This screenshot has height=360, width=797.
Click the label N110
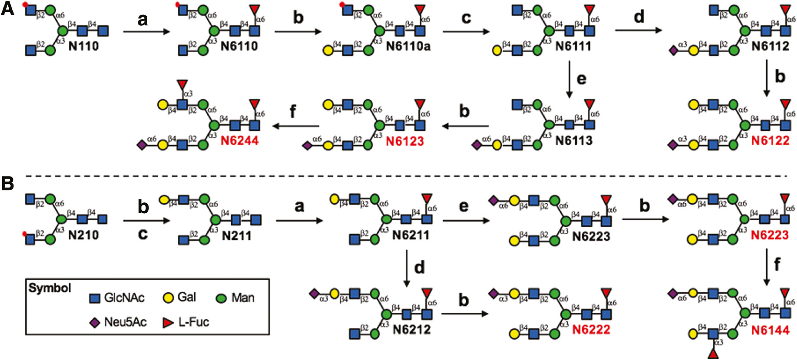tap(83, 46)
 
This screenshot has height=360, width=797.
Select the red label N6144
tap(770, 330)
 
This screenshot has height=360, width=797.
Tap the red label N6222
tap(591, 330)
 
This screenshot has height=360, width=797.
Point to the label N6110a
tap(408, 46)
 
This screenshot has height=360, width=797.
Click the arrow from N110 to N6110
tap(146, 31)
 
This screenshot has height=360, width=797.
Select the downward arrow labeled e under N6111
tap(569, 79)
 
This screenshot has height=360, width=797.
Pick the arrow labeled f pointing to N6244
tap(295, 126)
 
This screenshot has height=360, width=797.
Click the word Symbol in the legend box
tap(50, 288)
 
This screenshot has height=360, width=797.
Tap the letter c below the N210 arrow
tap(143, 234)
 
